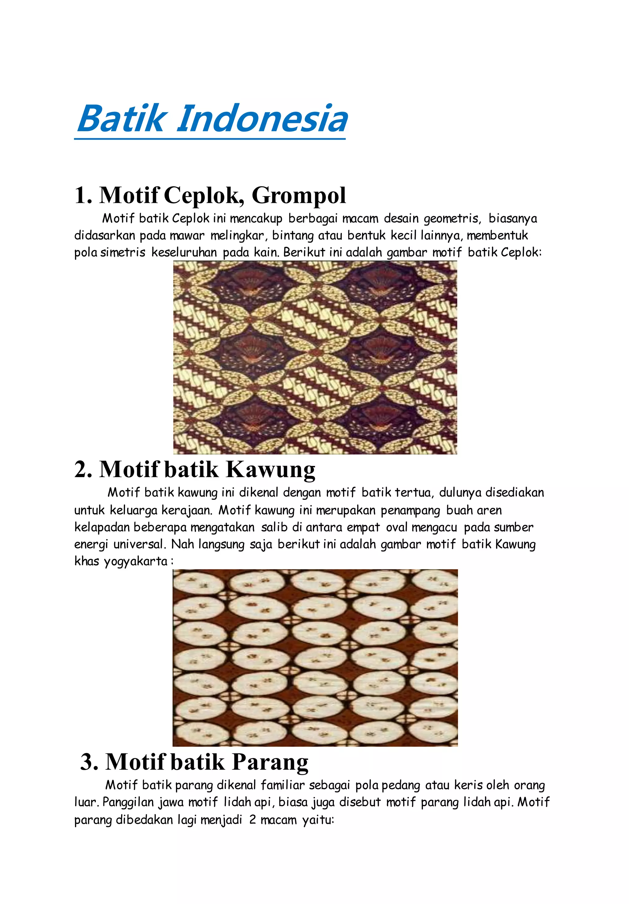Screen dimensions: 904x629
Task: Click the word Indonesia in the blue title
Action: pos(262,119)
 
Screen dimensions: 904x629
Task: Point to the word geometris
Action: pos(452,219)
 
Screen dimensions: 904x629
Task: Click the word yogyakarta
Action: pos(136,562)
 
